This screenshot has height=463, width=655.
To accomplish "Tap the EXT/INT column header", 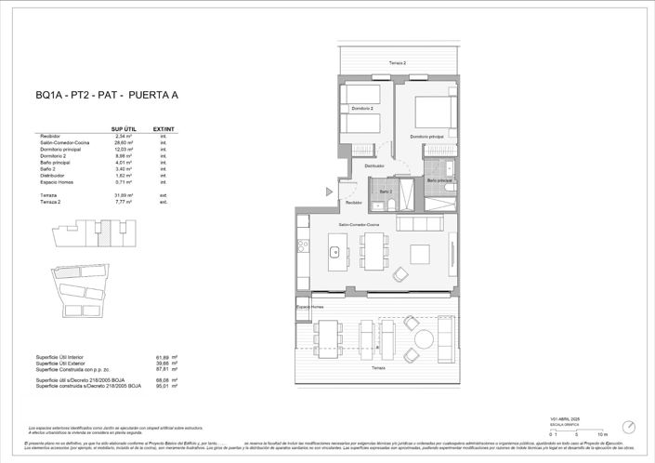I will (x=163, y=128).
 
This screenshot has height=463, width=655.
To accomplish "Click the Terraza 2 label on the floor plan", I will (x=398, y=61).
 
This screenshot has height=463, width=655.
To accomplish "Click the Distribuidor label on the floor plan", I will (x=374, y=166).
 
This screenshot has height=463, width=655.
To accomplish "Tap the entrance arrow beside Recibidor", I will (x=329, y=190).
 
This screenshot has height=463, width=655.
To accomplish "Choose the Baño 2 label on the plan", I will (x=386, y=191).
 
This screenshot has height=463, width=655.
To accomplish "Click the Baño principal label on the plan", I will (x=439, y=179).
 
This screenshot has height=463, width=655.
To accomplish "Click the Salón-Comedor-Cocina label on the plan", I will (x=359, y=225).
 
